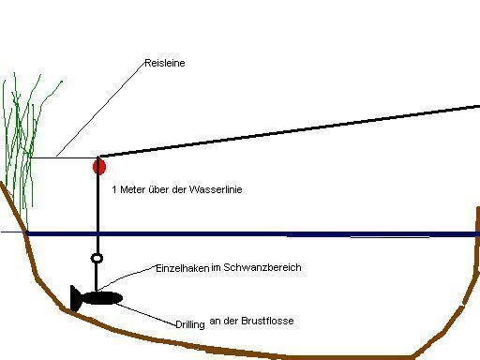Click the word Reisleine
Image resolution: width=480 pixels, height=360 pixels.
(x=165, y=63)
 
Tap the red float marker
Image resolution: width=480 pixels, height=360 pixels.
(x=99, y=167)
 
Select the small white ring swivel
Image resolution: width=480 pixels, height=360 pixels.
(x=97, y=258)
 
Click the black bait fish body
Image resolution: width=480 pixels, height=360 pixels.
(x=102, y=298)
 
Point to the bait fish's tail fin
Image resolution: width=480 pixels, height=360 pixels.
(x=75, y=298)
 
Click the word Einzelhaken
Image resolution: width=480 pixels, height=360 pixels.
(x=182, y=268)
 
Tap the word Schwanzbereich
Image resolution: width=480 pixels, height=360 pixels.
(x=262, y=267)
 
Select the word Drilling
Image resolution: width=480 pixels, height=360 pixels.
(x=190, y=324)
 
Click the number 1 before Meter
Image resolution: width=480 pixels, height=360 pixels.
(x=114, y=189)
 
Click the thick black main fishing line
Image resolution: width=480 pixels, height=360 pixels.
(x=289, y=131)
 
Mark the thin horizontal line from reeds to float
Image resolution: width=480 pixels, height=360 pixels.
(x=63, y=157)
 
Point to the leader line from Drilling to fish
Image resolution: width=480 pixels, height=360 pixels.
(x=145, y=314)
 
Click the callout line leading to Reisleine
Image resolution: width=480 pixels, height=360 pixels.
(x=100, y=109)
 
